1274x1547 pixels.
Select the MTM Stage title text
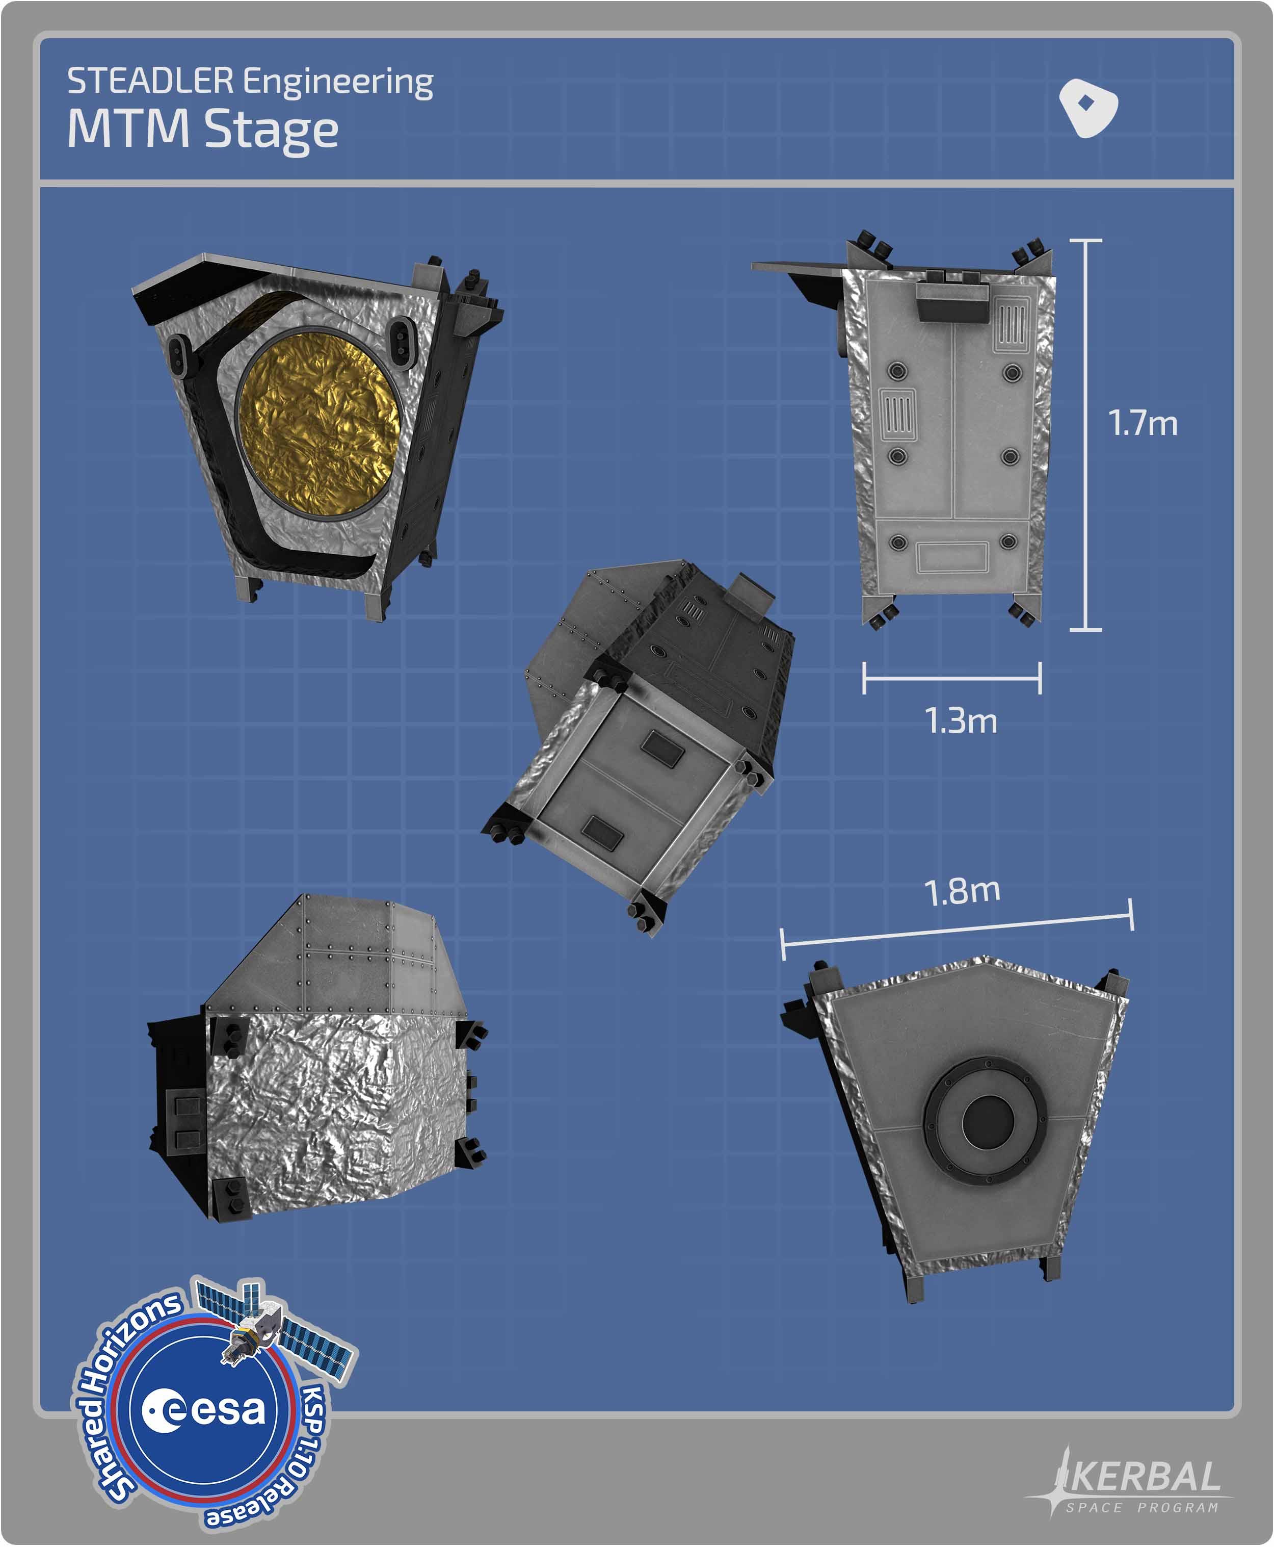202,129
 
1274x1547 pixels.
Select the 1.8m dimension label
962,891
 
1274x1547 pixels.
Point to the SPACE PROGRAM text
1142,1507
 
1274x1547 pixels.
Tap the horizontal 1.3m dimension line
952,678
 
